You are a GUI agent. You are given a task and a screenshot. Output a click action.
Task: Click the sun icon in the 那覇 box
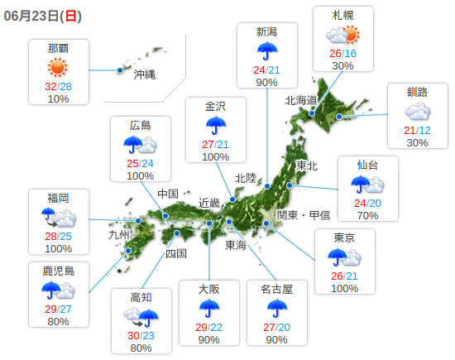pos(58,68)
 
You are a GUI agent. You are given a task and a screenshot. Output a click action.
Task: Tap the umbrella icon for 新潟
pos(266,51)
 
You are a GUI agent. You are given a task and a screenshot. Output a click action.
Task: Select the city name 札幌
pos(342,15)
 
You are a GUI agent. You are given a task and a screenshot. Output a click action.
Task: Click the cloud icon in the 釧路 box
pos(417,112)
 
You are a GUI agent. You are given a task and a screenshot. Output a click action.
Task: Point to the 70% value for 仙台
pos(367,216)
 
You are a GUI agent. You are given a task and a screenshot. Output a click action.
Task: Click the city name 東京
pos(344,238)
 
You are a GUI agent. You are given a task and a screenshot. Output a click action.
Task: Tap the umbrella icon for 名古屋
pos(277,309)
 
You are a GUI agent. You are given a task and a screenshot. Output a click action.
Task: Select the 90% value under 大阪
pos(208,340)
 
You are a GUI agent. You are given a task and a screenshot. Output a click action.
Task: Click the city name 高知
pos(141,297)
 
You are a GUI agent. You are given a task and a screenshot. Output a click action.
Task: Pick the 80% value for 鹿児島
pos(58,322)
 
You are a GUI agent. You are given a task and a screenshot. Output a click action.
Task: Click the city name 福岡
pos(58,198)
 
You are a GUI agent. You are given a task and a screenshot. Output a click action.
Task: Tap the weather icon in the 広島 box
pos(140,146)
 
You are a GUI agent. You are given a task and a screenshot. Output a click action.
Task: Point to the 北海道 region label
pos(301,101)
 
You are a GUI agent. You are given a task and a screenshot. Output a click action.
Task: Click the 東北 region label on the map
pos(306,166)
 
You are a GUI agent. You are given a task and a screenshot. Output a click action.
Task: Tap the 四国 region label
pos(176,253)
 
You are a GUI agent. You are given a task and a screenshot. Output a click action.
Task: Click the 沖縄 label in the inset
pos(145,74)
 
